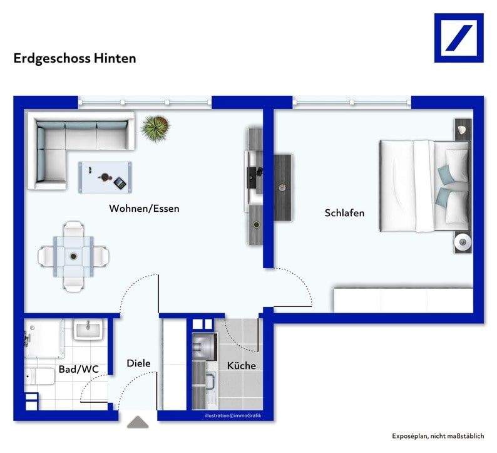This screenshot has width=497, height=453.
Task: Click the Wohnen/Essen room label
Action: [x=144, y=209]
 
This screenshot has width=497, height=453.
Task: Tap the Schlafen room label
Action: [x=344, y=213]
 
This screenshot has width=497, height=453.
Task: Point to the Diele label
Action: [x=138, y=363]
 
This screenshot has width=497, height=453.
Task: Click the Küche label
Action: [x=241, y=366]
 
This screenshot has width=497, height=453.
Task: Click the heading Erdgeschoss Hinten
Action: [x=75, y=58]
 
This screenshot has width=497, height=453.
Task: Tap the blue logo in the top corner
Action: [x=459, y=38]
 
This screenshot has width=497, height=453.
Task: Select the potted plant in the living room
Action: [x=155, y=128]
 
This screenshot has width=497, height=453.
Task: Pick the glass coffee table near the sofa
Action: [x=105, y=177]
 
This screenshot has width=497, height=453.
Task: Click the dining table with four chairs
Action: [x=74, y=255]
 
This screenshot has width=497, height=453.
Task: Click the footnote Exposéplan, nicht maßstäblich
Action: [x=438, y=436]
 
